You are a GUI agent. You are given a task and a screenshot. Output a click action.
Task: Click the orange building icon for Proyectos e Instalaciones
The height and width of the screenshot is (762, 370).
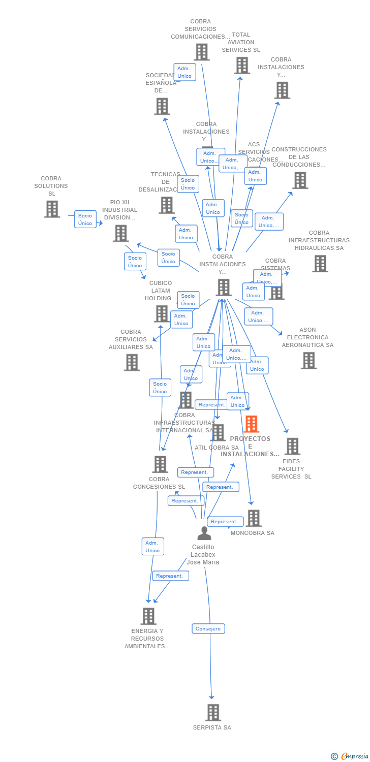click(251, 424)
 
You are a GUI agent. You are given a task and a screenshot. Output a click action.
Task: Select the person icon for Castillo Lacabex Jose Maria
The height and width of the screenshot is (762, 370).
click(204, 533)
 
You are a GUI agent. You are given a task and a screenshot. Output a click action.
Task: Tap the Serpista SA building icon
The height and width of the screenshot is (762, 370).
click(213, 712)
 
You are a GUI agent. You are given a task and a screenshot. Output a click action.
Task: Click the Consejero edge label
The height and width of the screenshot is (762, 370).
click(208, 629)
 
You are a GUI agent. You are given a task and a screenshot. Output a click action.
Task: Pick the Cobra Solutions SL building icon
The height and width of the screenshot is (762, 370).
click(52, 209)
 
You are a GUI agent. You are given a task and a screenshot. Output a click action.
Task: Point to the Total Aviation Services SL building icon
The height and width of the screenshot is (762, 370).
click(242, 66)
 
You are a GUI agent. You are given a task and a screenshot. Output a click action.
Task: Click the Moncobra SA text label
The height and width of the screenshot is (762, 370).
click(252, 533)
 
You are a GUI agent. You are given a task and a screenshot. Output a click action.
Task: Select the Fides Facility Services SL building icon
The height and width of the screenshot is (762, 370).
click(292, 446)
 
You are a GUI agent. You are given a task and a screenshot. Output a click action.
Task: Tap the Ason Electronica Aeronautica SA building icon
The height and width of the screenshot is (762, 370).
click(309, 360)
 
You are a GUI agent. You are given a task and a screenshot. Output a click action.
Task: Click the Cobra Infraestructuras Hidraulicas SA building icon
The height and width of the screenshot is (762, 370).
click(320, 264)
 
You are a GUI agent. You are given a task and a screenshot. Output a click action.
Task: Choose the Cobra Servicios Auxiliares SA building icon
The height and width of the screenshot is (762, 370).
click(132, 362)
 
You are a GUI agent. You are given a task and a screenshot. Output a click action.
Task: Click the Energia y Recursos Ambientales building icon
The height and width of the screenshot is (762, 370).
click(148, 616)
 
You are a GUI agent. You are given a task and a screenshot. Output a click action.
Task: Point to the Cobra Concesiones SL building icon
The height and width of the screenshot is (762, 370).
click(160, 464)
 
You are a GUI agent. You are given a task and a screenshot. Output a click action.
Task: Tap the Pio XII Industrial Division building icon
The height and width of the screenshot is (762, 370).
click(120, 233)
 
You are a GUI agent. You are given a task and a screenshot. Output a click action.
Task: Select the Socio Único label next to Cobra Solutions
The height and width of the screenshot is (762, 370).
click(85, 219)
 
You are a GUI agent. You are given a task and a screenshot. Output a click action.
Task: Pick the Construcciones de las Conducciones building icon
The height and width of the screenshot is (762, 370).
click(300, 180)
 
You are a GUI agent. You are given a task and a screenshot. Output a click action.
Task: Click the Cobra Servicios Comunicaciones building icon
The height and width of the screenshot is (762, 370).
click(201, 52)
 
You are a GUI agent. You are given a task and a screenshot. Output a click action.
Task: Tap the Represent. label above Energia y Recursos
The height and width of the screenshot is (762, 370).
click(170, 576)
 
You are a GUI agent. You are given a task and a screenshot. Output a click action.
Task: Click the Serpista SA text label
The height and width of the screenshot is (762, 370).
click(212, 727)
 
